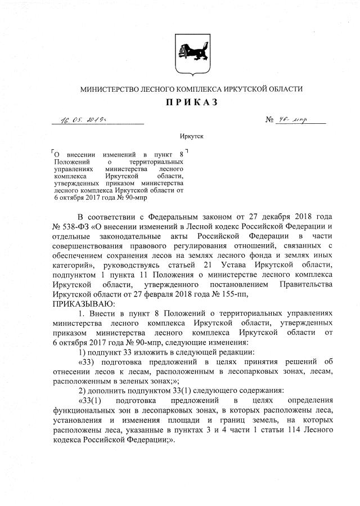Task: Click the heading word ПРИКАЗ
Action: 191,102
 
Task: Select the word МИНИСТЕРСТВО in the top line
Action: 112,89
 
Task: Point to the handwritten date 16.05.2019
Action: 83,119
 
